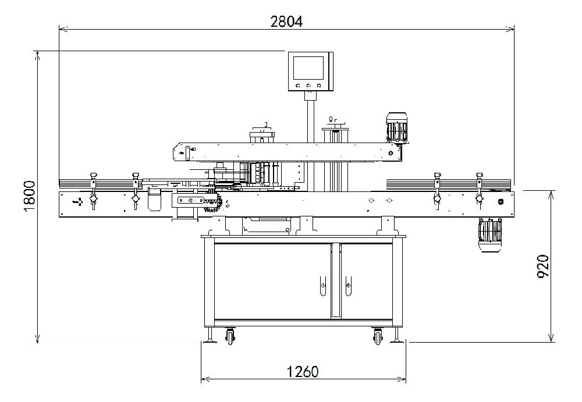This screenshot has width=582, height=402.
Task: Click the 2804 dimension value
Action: [286, 22]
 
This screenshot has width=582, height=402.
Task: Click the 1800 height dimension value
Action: [30, 195]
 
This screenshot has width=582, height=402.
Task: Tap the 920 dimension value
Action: [542, 266]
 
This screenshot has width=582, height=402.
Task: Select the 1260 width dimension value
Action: [302, 372]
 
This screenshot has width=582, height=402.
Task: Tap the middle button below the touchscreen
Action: [308, 85]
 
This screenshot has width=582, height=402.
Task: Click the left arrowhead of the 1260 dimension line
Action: [203, 380]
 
